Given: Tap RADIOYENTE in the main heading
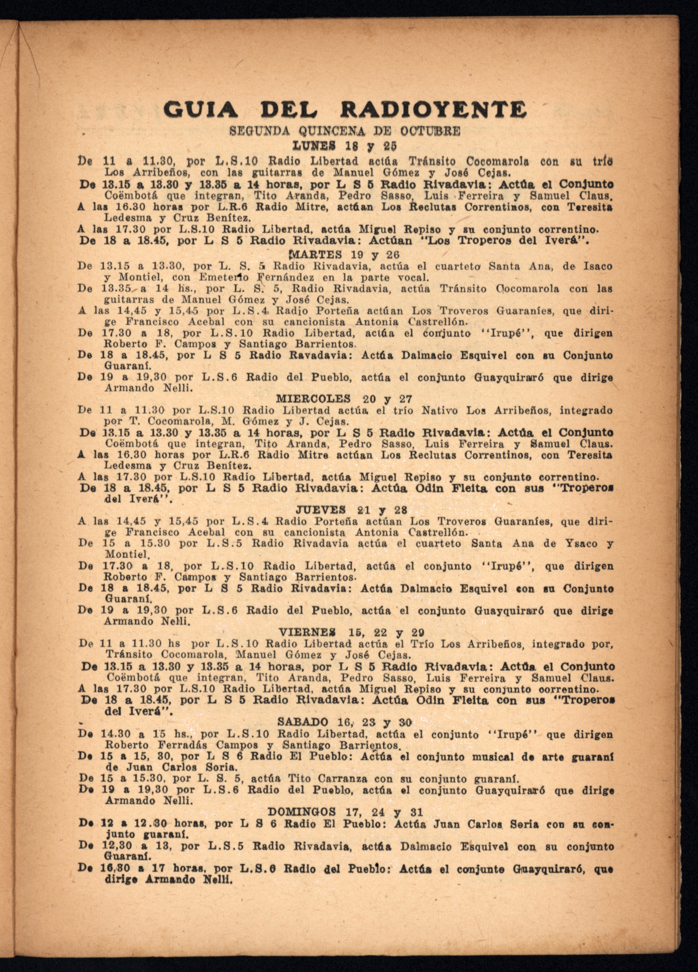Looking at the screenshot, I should pos(433,111).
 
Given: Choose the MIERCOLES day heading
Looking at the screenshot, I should pos(313,399).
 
